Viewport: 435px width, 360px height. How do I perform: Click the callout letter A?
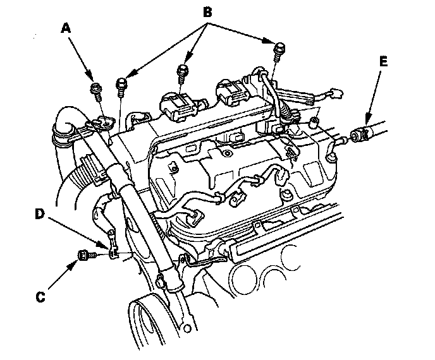click(66, 28)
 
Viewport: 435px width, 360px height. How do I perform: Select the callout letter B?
click(207, 12)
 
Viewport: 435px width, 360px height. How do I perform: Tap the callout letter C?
click(40, 297)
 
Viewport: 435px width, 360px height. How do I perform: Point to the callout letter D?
click(40, 214)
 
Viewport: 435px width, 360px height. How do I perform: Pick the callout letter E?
click(383, 61)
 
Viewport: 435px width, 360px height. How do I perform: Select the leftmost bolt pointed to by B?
click(121, 87)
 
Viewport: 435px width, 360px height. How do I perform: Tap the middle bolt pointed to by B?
click(182, 73)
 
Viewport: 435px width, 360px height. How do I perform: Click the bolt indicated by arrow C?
click(86, 255)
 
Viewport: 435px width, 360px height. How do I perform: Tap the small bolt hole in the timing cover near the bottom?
click(188, 328)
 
